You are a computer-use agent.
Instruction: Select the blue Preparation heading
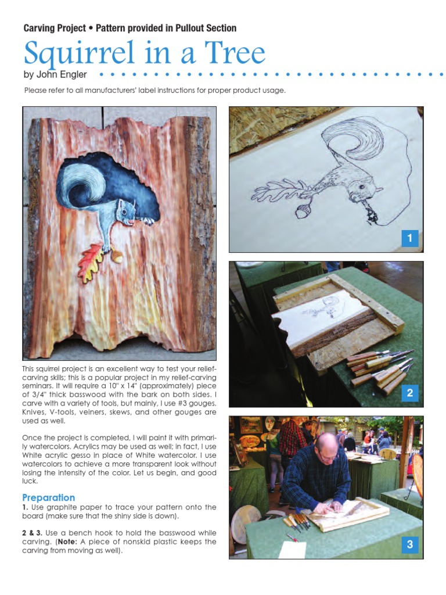point(48,497)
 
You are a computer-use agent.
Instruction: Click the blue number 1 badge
point(409,238)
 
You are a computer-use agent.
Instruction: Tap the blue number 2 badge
point(409,393)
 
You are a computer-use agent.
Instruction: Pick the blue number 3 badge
point(409,545)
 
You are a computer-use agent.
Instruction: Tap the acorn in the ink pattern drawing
point(301,210)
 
